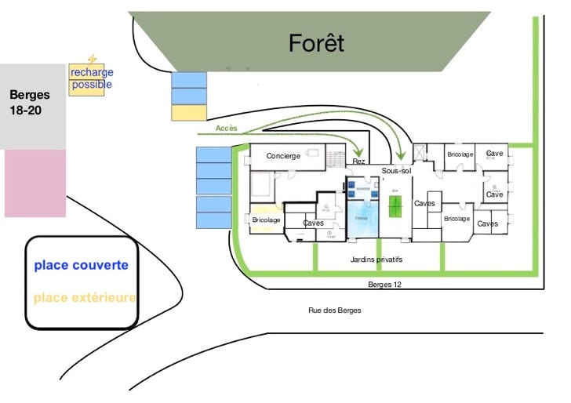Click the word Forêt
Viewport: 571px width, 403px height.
[x=316, y=44]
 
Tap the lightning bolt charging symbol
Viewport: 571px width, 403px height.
[x=93, y=60]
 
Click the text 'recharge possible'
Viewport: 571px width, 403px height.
[x=91, y=78]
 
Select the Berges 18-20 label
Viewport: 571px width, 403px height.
[x=30, y=103]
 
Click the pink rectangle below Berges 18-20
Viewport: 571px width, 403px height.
[x=35, y=183]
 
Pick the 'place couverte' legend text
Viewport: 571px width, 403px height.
[x=81, y=265]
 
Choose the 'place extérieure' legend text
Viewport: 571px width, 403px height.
[x=85, y=298]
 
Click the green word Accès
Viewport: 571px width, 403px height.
[x=226, y=127]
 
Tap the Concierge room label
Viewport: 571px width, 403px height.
[x=283, y=156]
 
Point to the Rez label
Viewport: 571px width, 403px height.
[x=358, y=162]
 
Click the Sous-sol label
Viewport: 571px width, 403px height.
[x=396, y=170]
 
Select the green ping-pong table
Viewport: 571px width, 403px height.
[x=395, y=207]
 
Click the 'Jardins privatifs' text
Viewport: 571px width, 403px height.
[x=376, y=260]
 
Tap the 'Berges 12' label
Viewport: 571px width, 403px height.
[x=384, y=285]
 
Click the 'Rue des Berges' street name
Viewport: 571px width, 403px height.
[x=334, y=310]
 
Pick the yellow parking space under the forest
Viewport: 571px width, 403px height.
[x=189, y=113]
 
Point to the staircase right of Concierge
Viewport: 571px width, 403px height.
[x=336, y=158]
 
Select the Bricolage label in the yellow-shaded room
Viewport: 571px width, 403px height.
[x=266, y=220]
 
